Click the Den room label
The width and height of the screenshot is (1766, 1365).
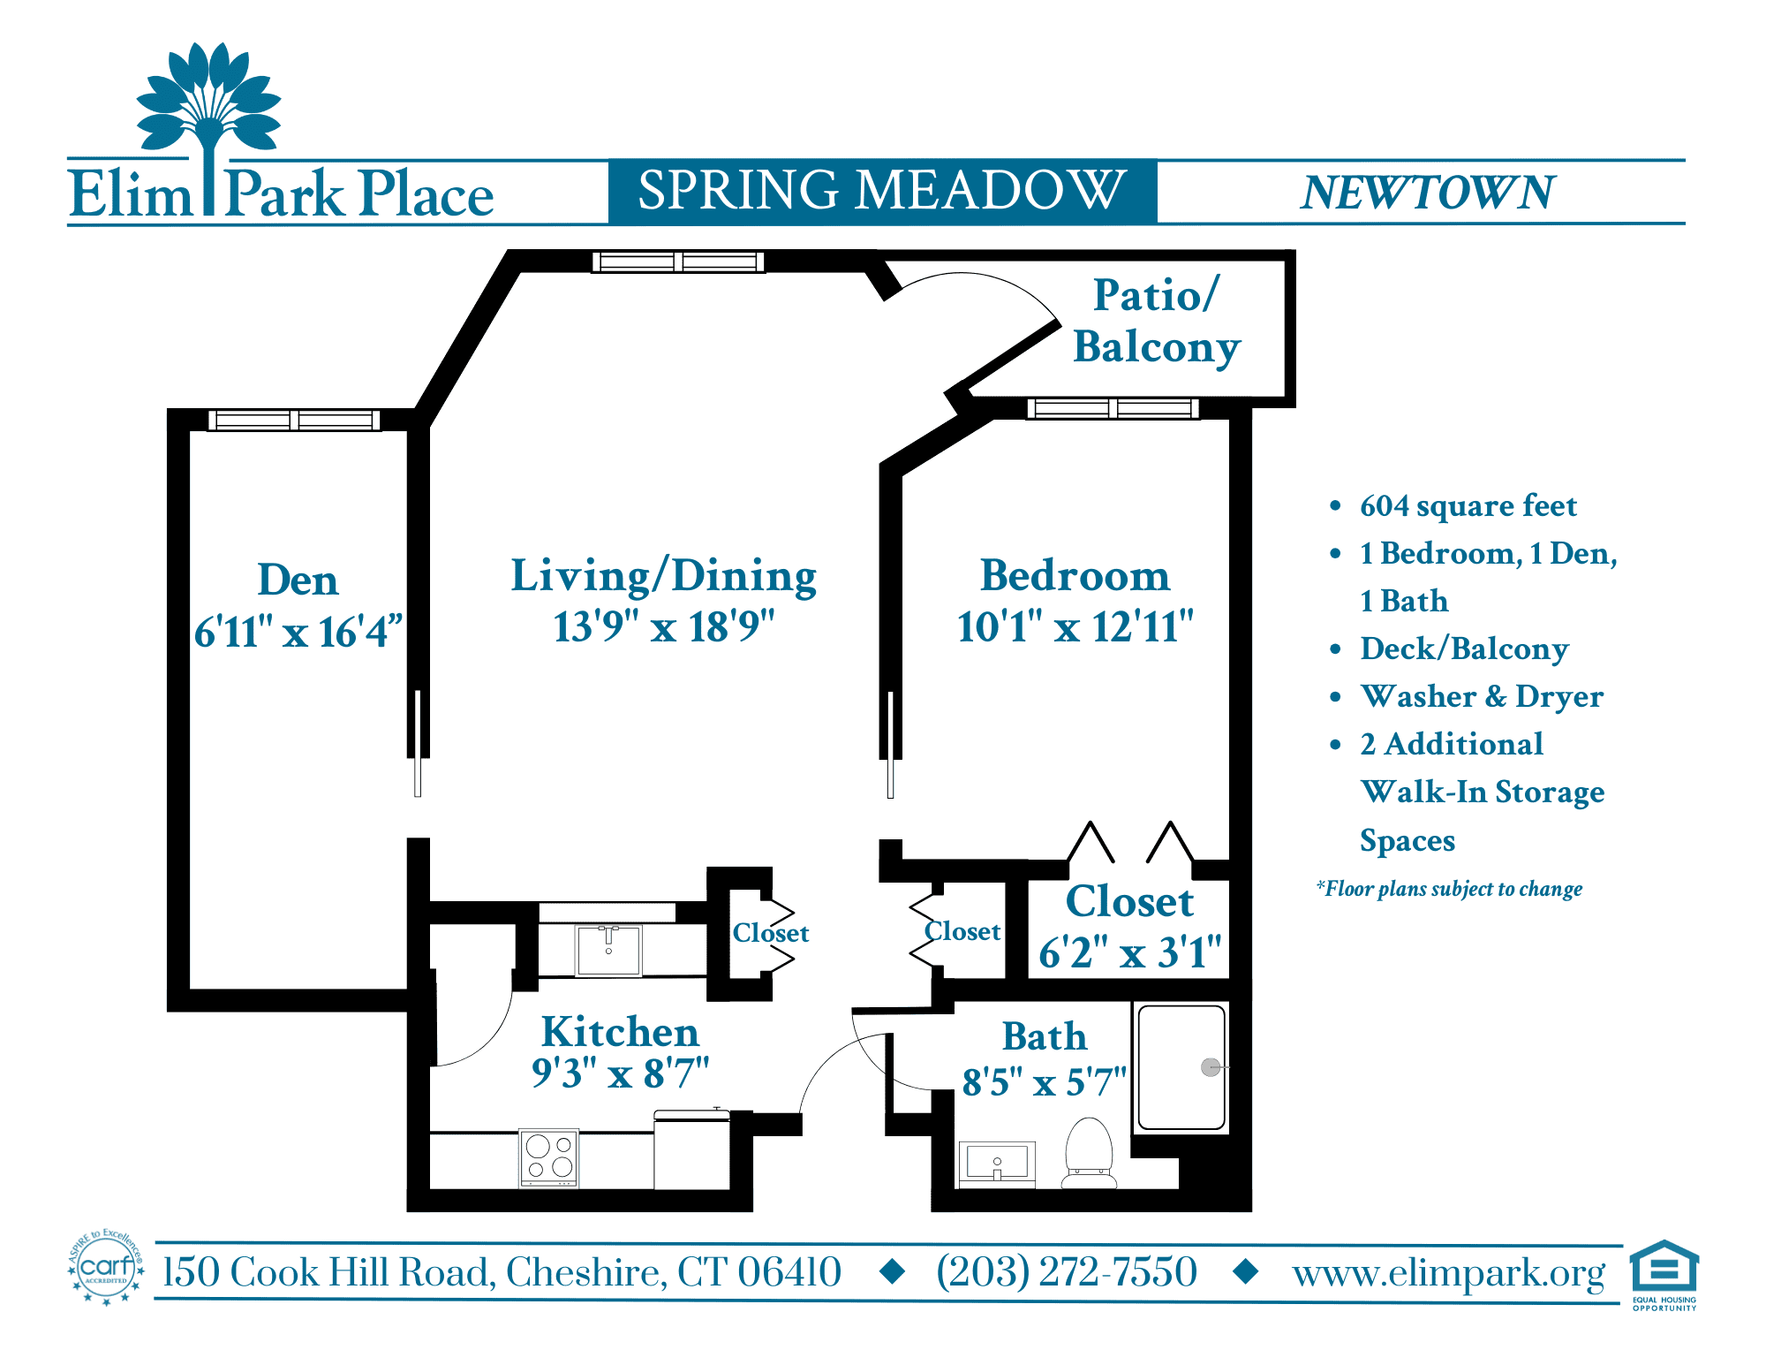pyautogui.click(x=298, y=580)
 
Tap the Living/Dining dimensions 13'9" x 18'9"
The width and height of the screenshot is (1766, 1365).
pyautogui.click(x=664, y=626)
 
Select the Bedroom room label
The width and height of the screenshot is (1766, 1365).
pyautogui.click(x=1075, y=575)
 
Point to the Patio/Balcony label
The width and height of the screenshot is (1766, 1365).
pyautogui.click(x=1157, y=321)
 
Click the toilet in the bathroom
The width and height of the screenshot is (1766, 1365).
pyautogui.click(x=1089, y=1153)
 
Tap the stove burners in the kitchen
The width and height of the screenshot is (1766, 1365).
pyautogui.click(x=548, y=1157)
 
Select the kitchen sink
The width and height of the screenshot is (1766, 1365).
pyautogui.click(x=608, y=950)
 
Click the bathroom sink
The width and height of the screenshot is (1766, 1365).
pyautogui.click(x=997, y=1164)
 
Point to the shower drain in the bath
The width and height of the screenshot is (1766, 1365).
pyautogui.click(x=1211, y=1067)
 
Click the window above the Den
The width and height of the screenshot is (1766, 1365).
pyautogui.click(x=294, y=421)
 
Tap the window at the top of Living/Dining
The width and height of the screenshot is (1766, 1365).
pyautogui.click(x=677, y=262)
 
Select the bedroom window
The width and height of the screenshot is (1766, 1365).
pyautogui.click(x=1113, y=408)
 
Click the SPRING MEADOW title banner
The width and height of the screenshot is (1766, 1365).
pyautogui.click(x=882, y=191)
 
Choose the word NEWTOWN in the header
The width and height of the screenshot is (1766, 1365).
pyautogui.click(x=1427, y=193)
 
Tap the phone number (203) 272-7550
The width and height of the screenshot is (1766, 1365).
pyautogui.click(x=1067, y=1272)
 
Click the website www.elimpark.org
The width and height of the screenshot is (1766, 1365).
pyautogui.click(x=1448, y=1274)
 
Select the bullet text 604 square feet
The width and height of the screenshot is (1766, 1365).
pyautogui.click(x=1468, y=505)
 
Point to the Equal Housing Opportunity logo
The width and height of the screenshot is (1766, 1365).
pyautogui.click(x=1664, y=1275)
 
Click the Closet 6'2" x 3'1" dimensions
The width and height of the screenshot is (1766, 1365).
pyautogui.click(x=1129, y=952)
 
